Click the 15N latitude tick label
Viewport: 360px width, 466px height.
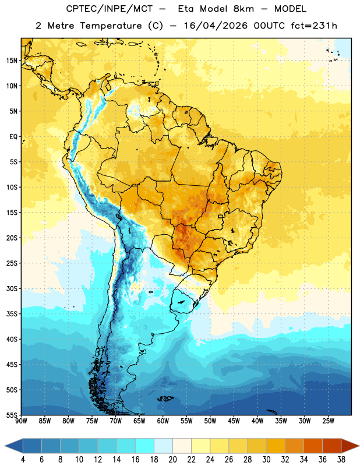click(x=12, y=61)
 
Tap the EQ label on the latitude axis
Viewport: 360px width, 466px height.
click(x=14, y=137)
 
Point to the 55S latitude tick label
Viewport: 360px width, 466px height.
click(x=12, y=415)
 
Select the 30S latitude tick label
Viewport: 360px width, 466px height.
click(x=12, y=288)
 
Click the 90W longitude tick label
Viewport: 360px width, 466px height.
click(x=21, y=421)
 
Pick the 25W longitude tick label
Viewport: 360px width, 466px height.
click(x=328, y=421)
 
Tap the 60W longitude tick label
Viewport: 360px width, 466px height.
click(x=163, y=421)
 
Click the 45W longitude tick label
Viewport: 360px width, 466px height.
click(x=234, y=421)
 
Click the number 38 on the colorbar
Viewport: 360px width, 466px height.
click(x=341, y=460)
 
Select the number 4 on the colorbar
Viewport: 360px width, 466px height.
click(x=23, y=460)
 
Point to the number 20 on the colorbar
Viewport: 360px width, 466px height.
click(x=172, y=460)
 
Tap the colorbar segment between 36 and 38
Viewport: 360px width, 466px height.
click(x=332, y=446)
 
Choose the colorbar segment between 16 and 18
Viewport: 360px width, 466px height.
click(x=144, y=446)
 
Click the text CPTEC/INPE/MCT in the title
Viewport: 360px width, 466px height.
click(x=109, y=9)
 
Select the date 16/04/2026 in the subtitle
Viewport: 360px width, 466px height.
click(x=216, y=26)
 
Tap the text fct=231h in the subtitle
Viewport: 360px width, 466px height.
click(x=314, y=26)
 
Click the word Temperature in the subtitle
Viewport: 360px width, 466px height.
click(x=111, y=26)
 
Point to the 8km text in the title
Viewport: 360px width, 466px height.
click(x=243, y=9)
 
